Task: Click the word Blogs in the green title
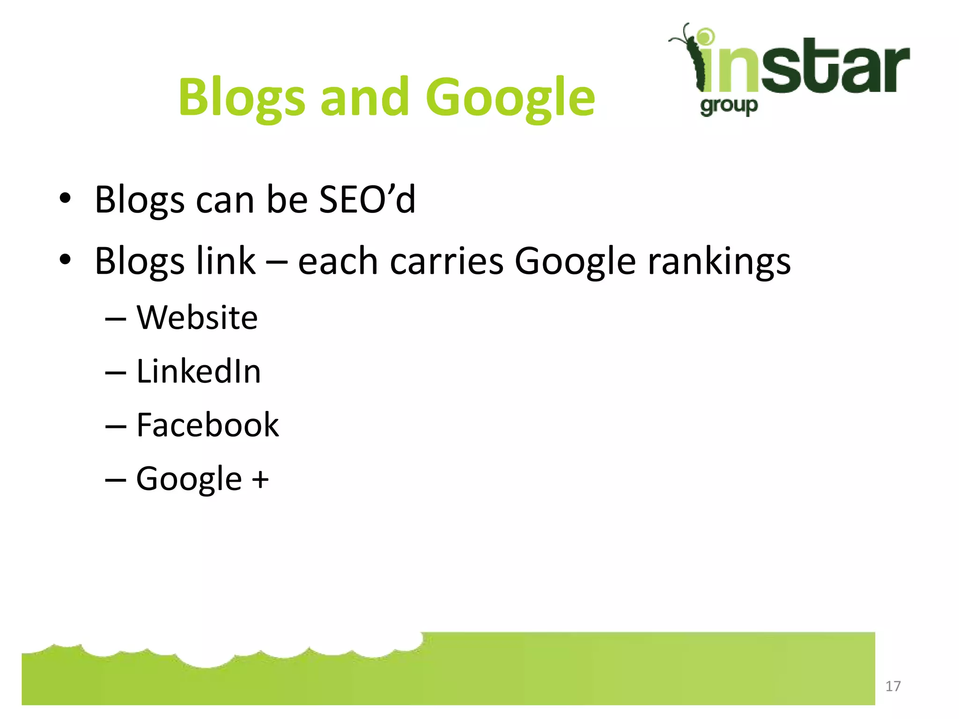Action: click(242, 97)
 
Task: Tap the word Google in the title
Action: click(510, 97)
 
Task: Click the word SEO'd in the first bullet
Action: click(367, 199)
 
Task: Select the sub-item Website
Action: click(197, 317)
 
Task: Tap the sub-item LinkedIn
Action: click(199, 371)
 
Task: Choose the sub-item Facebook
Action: click(207, 425)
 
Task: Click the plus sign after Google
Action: click(260, 479)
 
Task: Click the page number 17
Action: click(893, 686)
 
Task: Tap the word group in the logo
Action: click(729, 106)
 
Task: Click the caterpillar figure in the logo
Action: click(691, 56)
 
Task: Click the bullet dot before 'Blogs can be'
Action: click(65, 198)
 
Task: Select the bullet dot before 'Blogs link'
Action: click(65, 259)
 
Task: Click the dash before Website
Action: click(116, 319)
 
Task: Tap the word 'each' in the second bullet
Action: click(338, 260)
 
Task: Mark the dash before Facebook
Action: click(116, 426)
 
